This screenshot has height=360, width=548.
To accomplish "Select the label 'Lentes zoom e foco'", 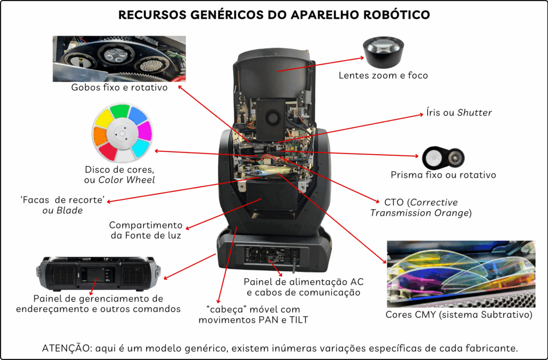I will pyautogui.click(x=383, y=75).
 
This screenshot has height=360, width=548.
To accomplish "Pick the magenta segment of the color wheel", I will pyautogui.click(x=145, y=130).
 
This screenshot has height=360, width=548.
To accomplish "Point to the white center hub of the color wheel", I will pyautogui.click(x=123, y=134).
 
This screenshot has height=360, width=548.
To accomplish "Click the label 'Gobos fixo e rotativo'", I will pyautogui.click(x=119, y=87).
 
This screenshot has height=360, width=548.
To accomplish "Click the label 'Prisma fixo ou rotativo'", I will pyautogui.click(x=443, y=175).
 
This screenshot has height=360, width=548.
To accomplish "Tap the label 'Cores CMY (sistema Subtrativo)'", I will pyautogui.click(x=459, y=315).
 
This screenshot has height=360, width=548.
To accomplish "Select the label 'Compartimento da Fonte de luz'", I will pyautogui.click(x=146, y=231).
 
